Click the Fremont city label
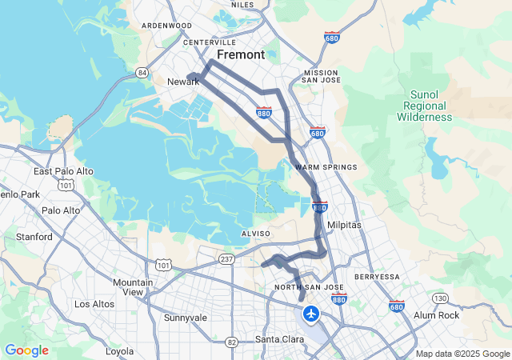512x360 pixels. pyautogui.click(x=240, y=55)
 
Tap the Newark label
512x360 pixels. pyautogui.click(x=182, y=82)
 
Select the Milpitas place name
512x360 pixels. pyautogui.click(x=344, y=226)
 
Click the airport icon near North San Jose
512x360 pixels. pyautogui.click(x=311, y=312)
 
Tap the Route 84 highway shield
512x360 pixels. pyautogui.click(x=142, y=73)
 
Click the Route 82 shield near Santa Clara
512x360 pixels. pyautogui.click(x=232, y=342)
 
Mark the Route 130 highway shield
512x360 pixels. pyautogui.click(x=440, y=298)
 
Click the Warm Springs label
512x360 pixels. pyautogui.click(x=319, y=167)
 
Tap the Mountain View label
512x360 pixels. pyautogui.click(x=133, y=287)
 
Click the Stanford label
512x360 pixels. pyautogui.click(x=35, y=237)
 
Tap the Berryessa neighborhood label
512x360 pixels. pyautogui.click(x=376, y=277)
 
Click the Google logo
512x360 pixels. pyautogui.click(x=26, y=350)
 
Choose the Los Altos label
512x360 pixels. pyautogui.click(x=94, y=304)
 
